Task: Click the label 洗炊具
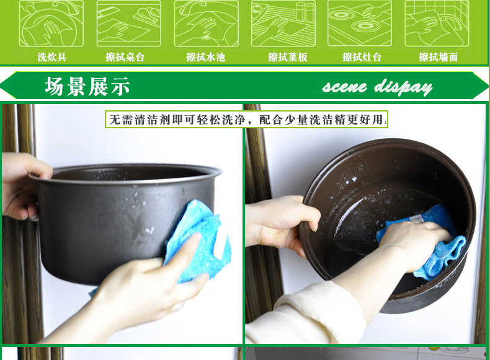[52, 57]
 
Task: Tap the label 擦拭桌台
[125, 57]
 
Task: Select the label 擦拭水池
[206, 57]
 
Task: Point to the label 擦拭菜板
[288, 57]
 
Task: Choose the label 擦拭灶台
[362, 57]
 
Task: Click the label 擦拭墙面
[438, 57]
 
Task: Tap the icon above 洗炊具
[51, 24]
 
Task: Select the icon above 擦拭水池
[207, 24]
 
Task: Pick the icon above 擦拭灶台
[360, 24]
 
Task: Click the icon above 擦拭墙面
[437, 24]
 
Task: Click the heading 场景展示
[87, 86]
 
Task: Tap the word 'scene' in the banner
[345, 87]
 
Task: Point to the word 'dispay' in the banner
[403, 87]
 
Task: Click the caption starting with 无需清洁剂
[247, 119]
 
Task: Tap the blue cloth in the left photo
[197, 242]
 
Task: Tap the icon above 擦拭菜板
[283, 24]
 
